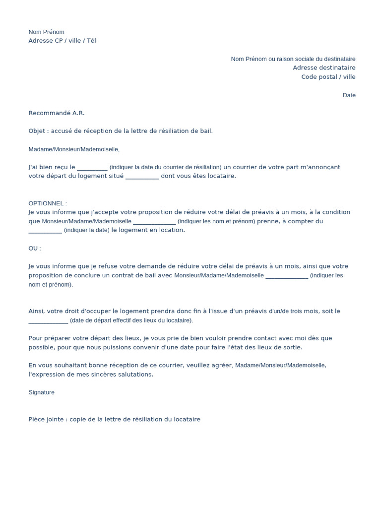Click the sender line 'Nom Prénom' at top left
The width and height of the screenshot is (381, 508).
tap(46, 32)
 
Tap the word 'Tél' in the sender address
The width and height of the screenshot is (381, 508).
tap(91, 41)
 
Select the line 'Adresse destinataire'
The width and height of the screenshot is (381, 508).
tap(324, 68)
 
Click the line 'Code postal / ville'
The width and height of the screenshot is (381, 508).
tap(328, 77)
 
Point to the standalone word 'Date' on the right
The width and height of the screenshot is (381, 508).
tap(349, 95)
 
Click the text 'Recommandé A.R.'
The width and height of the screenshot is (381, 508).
tap(57, 113)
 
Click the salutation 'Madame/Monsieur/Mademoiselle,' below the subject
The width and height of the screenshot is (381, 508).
tap(74, 149)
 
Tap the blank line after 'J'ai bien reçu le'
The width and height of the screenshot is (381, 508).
tap(92, 168)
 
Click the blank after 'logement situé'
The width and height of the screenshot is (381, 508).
tap(142, 177)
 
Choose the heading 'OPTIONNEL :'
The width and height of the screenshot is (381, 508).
tap(48, 203)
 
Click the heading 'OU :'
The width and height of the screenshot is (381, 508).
tap(35, 248)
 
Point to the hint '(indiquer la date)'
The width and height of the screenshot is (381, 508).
tap(87, 230)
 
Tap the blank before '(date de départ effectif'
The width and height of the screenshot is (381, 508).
tap(48, 320)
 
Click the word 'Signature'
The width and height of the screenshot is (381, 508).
tap(42, 392)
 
